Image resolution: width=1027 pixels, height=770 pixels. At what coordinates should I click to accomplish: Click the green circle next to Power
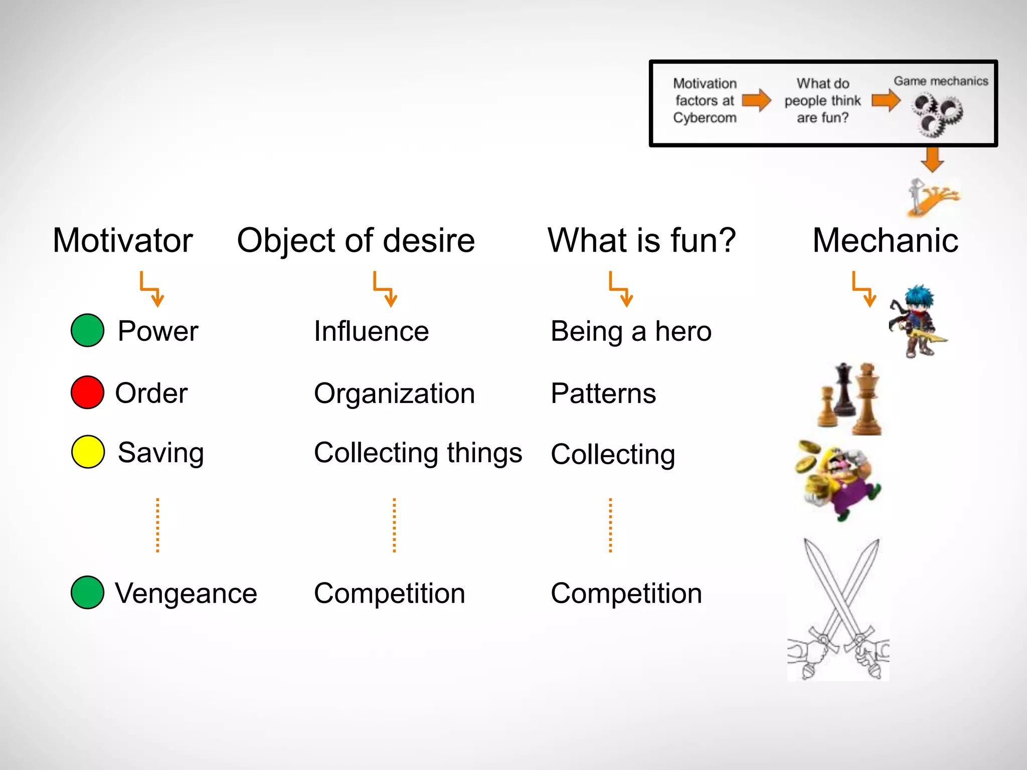(87, 330)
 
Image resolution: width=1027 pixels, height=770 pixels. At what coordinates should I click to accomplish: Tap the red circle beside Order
(87, 392)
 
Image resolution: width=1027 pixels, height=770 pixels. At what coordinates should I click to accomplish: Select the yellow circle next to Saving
(88, 452)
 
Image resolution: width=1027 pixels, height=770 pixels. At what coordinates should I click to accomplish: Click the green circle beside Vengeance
(87, 592)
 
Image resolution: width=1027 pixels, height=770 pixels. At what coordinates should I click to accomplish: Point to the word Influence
(371, 331)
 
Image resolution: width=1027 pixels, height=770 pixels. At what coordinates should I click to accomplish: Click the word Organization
(394, 394)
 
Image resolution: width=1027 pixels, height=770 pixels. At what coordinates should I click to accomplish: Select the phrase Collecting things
(418, 453)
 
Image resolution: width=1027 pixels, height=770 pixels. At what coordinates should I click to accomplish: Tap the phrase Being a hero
(631, 331)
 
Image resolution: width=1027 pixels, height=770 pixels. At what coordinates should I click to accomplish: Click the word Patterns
(603, 394)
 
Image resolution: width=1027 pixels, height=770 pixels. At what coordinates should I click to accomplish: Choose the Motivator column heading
(123, 240)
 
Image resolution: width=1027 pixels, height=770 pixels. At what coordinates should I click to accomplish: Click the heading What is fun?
(641, 240)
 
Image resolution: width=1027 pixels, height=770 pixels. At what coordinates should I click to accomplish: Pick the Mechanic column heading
(885, 240)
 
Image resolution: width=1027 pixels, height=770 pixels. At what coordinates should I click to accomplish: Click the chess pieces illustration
(850, 399)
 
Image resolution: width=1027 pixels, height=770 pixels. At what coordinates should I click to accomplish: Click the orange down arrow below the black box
(932, 159)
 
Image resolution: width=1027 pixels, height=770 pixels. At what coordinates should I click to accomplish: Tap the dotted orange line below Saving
(157, 525)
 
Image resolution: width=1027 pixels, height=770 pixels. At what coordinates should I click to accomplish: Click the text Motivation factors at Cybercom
(705, 101)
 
